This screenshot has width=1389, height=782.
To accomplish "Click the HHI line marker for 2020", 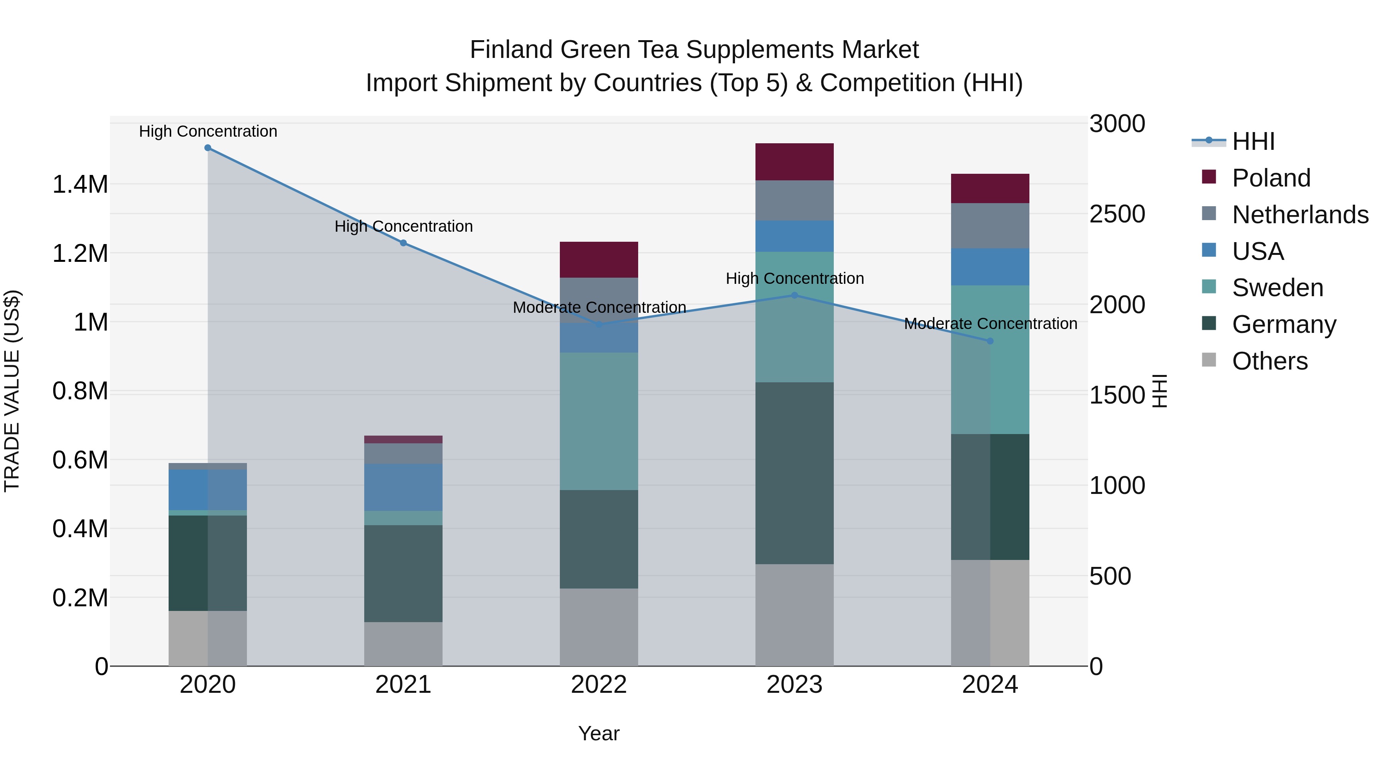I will (208, 148).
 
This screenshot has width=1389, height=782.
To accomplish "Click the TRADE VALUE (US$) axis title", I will (12, 391).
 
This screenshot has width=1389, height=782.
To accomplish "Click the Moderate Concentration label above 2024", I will (990, 324).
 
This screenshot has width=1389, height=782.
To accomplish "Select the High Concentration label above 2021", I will (403, 226).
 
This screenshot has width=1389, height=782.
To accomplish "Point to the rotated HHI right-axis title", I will (1160, 391).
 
